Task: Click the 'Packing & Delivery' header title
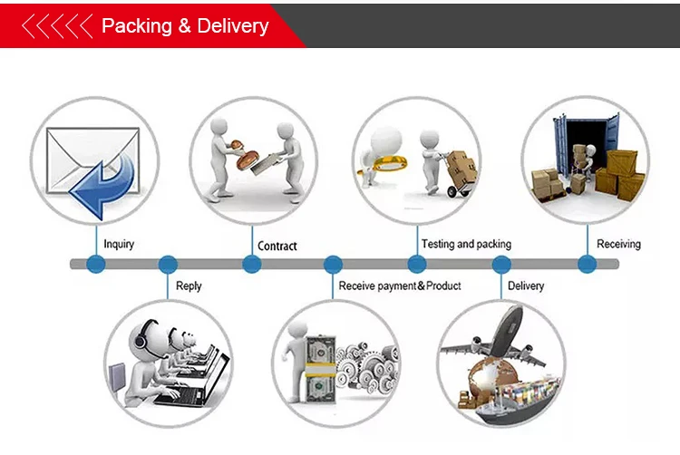point(185,25)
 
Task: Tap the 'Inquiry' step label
point(119,244)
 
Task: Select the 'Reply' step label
point(189,286)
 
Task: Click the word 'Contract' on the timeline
point(277,246)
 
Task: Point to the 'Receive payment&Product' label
point(400,286)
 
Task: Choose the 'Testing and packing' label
point(466,244)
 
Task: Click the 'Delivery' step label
point(526,286)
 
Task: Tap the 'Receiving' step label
point(618,244)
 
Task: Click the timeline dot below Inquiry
point(96,265)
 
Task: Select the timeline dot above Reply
point(168,265)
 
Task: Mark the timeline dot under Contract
point(252,265)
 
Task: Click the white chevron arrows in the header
point(56,26)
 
